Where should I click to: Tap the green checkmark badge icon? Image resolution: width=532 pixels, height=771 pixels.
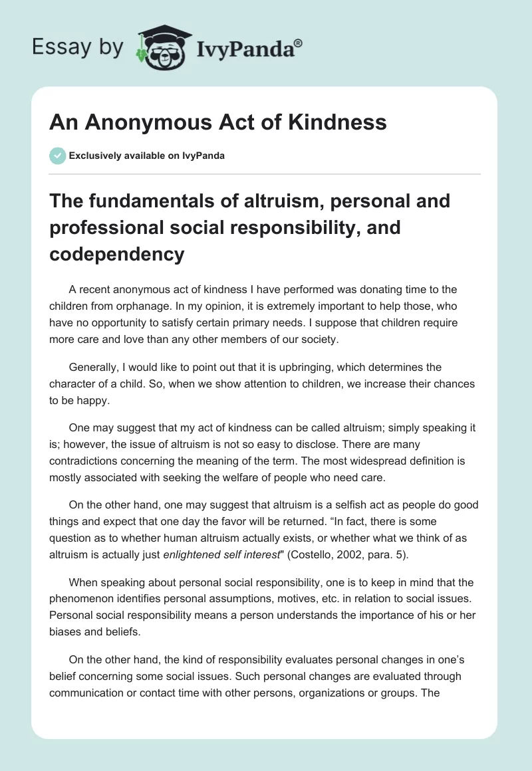[x=57, y=156]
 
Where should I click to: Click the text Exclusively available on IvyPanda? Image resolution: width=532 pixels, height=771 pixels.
[x=146, y=156]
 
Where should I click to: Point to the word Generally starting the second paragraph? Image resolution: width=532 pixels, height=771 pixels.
[x=94, y=366]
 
